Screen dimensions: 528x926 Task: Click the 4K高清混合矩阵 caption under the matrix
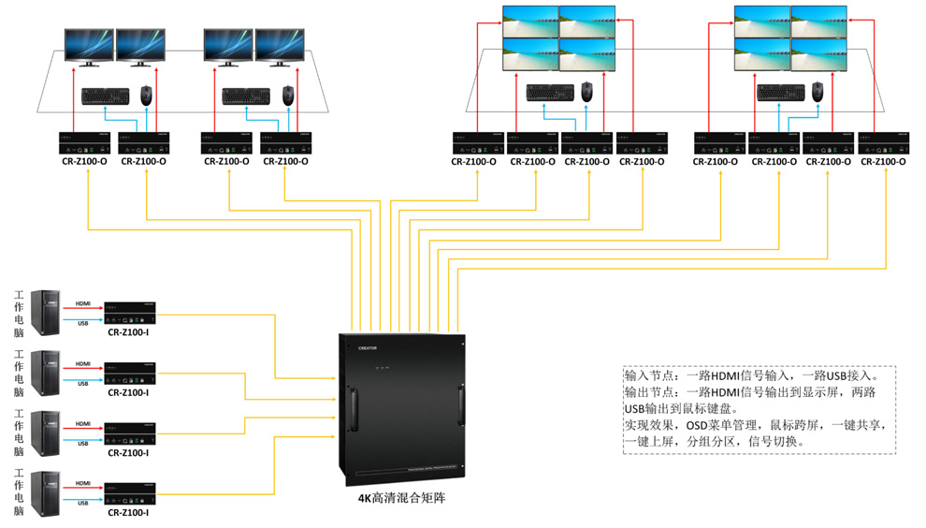402,498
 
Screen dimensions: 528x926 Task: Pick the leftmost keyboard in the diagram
105,95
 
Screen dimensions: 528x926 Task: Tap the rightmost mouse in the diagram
817,90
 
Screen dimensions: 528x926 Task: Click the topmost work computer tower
45,312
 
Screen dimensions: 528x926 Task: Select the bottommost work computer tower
45,493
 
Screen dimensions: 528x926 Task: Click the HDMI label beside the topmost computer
83,303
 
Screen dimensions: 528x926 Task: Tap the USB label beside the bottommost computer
83,504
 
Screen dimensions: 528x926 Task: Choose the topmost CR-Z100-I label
128,332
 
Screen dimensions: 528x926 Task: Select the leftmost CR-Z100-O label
87,161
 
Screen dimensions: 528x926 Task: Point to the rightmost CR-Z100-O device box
883,143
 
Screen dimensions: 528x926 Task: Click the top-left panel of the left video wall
530,22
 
